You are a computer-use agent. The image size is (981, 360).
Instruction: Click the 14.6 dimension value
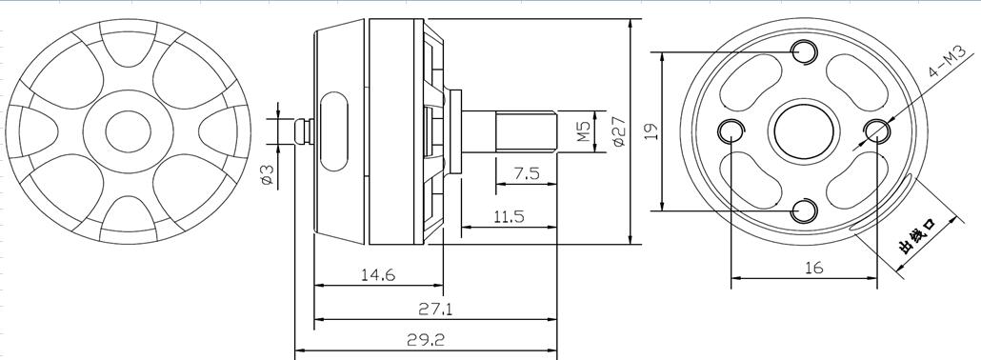tap(378, 275)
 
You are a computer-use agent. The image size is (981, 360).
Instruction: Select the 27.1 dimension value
tap(435, 309)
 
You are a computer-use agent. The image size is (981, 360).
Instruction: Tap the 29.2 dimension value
tap(426, 340)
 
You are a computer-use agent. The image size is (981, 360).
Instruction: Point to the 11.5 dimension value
tap(509, 217)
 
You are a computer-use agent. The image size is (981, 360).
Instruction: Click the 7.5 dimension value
tap(527, 173)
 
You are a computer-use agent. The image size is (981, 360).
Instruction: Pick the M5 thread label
tap(583, 130)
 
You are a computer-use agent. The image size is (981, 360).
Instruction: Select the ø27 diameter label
tap(618, 131)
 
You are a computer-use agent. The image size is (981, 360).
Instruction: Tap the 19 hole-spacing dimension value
tap(651, 130)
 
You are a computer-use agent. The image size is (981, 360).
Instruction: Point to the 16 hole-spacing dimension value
tap(813, 268)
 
